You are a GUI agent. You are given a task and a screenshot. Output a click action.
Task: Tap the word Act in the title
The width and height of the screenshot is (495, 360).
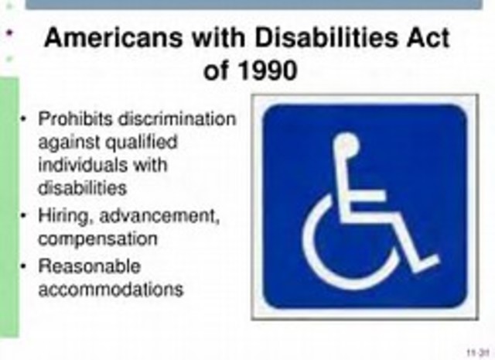424,38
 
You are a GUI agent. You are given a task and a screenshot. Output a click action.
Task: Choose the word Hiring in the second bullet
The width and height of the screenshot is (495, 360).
61,218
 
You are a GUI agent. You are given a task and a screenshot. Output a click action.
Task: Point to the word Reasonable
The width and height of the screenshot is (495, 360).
90,266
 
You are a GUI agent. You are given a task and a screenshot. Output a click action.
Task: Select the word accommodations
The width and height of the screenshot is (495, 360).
111,289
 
